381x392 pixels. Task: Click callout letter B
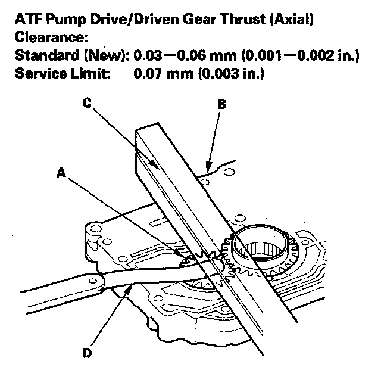click(x=221, y=104)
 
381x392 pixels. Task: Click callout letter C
click(x=87, y=102)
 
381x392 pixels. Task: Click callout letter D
click(x=87, y=353)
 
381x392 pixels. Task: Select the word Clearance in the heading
click(x=50, y=39)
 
